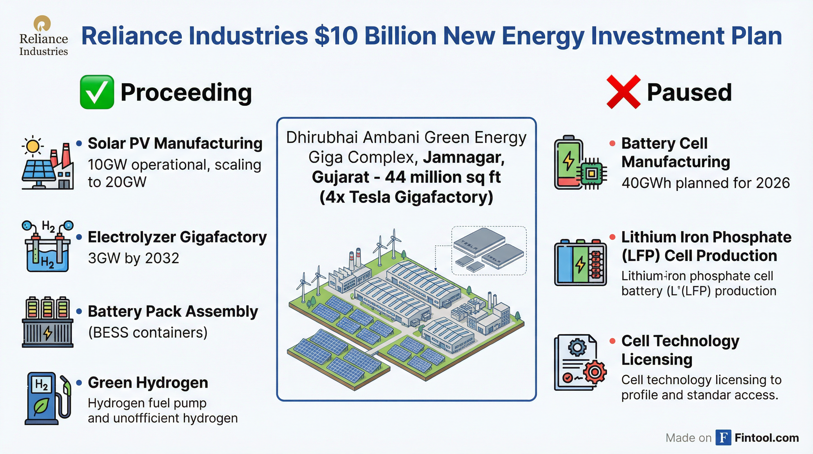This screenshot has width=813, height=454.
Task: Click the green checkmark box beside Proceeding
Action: [x=97, y=92]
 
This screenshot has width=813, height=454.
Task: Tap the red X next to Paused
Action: [x=623, y=92]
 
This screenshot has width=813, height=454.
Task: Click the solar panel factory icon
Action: [x=48, y=163]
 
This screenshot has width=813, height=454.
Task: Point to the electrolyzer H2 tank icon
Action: [x=48, y=246]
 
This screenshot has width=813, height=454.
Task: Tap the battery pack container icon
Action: [x=48, y=322]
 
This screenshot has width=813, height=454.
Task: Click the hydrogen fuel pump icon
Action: [x=48, y=398]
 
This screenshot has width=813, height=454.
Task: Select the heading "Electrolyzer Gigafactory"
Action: [x=177, y=237]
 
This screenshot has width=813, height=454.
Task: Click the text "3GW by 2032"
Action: [x=134, y=258]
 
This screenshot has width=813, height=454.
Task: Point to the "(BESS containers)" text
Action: [x=148, y=333]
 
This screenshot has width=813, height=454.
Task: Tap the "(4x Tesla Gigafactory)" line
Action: [x=406, y=197]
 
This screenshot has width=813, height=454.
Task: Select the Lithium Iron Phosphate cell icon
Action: [x=581, y=262]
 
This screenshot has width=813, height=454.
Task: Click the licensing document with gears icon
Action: [x=581, y=362]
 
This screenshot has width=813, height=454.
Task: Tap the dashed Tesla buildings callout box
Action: [x=489, y=251]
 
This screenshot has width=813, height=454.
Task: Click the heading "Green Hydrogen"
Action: [x=148, y=383]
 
